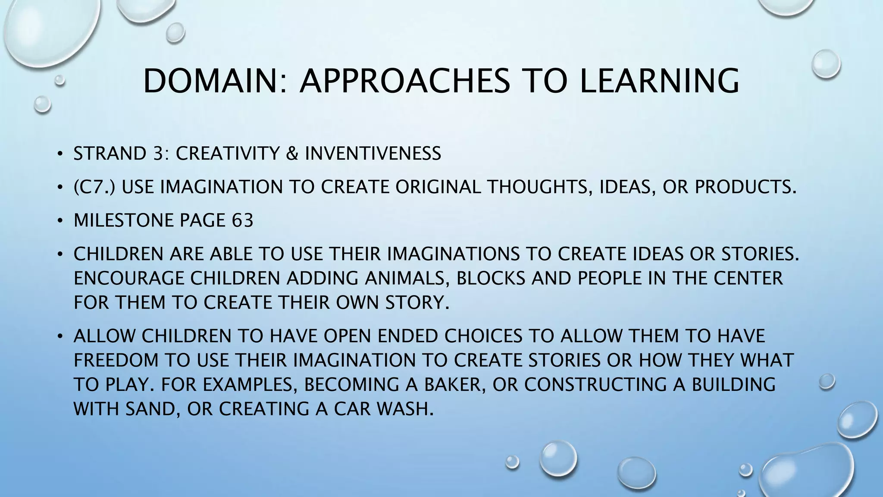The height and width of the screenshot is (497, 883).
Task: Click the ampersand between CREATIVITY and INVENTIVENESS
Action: (292, 154)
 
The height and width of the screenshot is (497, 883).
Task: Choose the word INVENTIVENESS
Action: (373, 154)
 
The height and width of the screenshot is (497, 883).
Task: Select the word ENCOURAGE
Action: (129, 278)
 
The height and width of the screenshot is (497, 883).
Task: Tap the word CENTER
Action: (748, 278)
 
